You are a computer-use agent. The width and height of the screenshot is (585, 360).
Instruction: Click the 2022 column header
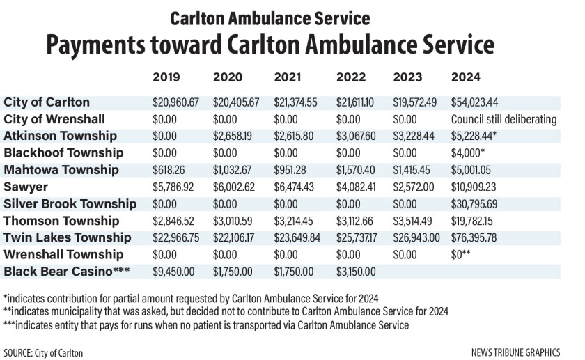point(350,77)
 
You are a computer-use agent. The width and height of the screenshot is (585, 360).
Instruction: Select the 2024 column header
point(466,77)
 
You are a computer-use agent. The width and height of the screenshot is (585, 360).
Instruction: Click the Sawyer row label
point(24,187)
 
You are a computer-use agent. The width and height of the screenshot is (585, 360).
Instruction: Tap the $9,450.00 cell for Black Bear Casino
point(174,272)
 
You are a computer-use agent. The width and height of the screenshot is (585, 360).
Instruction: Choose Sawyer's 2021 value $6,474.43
point(295,187)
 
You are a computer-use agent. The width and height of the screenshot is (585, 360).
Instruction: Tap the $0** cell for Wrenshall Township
point(462,255)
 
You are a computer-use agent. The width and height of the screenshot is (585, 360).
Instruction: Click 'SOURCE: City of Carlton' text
point(43,353)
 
